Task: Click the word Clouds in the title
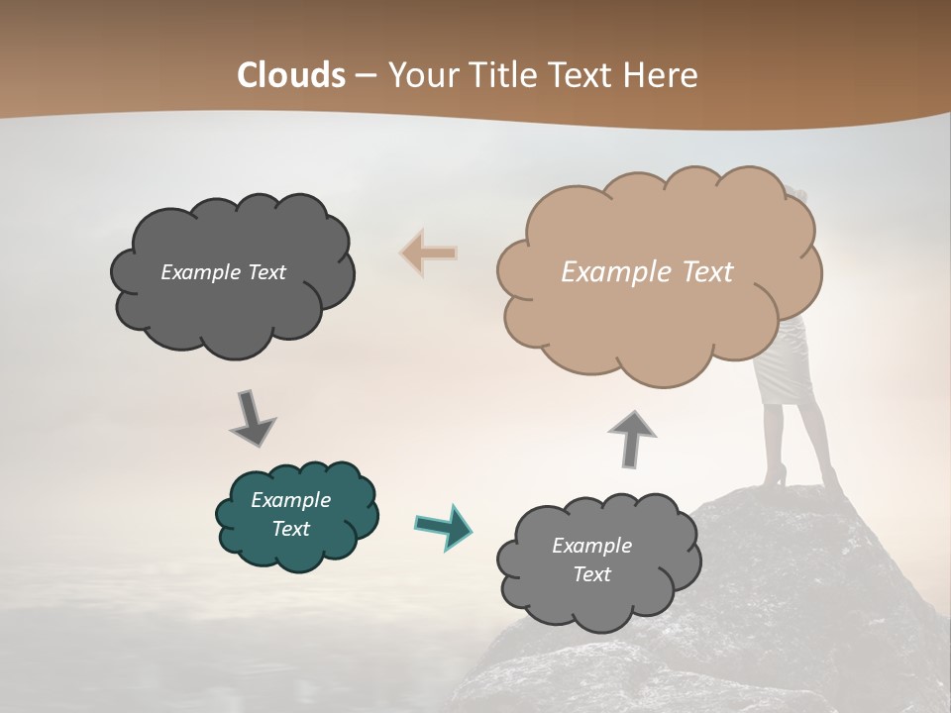291,75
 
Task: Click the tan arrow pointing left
428,254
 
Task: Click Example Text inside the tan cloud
647,272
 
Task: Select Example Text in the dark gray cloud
223,272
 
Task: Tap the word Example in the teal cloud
290,500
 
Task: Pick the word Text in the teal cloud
290,529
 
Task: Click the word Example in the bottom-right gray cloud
591,546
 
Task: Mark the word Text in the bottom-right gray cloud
591,574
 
